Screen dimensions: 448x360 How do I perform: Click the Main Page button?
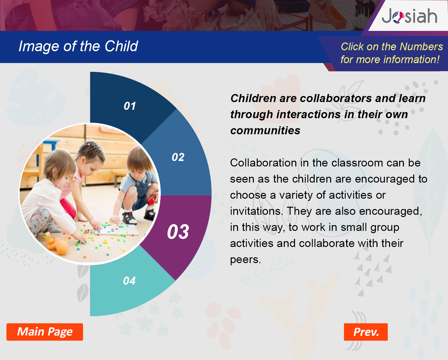45,332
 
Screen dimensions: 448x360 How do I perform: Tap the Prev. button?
366,332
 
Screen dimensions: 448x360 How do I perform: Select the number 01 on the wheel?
130,106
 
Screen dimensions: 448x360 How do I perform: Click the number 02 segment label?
178,157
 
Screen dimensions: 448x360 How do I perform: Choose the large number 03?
178,232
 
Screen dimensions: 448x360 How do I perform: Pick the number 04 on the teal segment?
129,281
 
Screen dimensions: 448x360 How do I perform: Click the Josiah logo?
409,16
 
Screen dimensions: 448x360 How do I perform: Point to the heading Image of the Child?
78,46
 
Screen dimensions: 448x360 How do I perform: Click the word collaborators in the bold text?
336,98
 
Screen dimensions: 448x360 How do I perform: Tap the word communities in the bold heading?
265,130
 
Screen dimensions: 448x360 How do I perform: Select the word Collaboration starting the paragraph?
263,163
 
